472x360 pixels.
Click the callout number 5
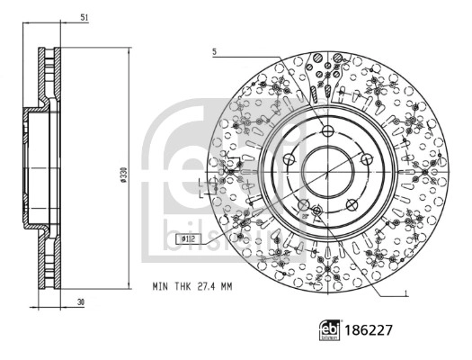[214, 51]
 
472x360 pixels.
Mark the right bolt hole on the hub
[367, 160]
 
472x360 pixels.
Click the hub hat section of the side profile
[36, 170]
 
